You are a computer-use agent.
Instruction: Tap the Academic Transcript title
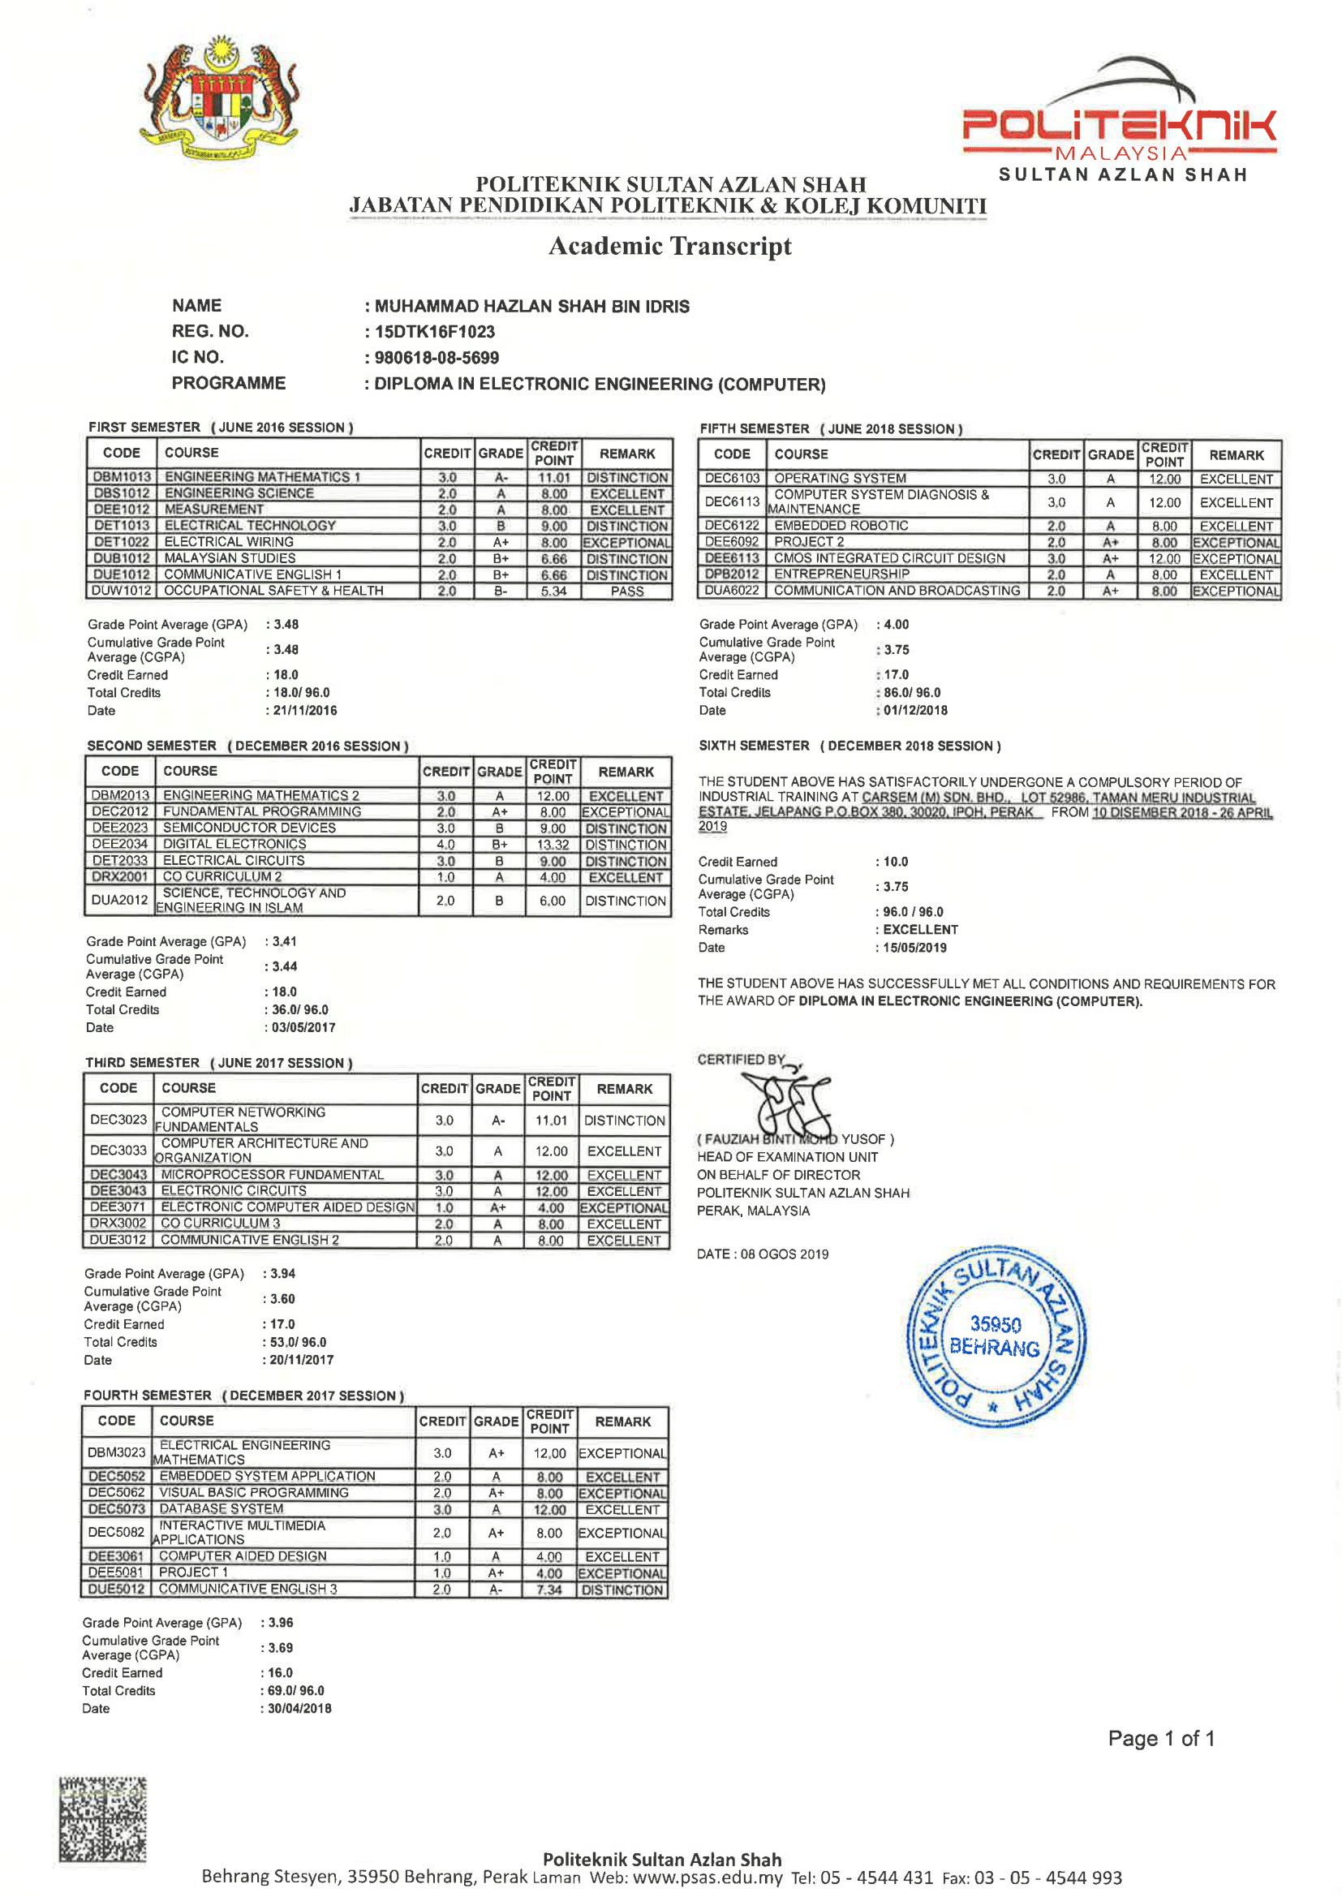pyautogui.click(x=669, y=246)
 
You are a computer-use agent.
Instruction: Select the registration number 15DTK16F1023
pyautogui.click(x=435, y=332)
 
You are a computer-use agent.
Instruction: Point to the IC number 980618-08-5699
pyautogui.click(x=437, y=358)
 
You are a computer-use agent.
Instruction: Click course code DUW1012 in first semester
pyautogui.click(x=122, y=591)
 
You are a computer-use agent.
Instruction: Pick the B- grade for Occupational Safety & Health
pyautogui.click(x=501, y=591)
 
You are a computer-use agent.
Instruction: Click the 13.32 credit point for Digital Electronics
pyautogui.click(x=553, y=845)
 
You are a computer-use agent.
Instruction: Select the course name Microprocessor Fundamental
pyautogui.click(x=272, y=1175)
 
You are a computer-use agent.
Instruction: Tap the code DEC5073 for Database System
pyautogui.click(x=117, y=1509)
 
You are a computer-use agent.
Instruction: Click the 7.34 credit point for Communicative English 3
pyautogui.click(x=549, y=1589)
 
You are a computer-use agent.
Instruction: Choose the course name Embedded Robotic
pyautogui.click(x=841, y=526)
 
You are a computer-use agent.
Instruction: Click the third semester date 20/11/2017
pyautogui.click(x=302, y=1360)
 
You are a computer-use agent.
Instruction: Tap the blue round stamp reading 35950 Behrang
pyautogui.click(x=996, y=1337)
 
